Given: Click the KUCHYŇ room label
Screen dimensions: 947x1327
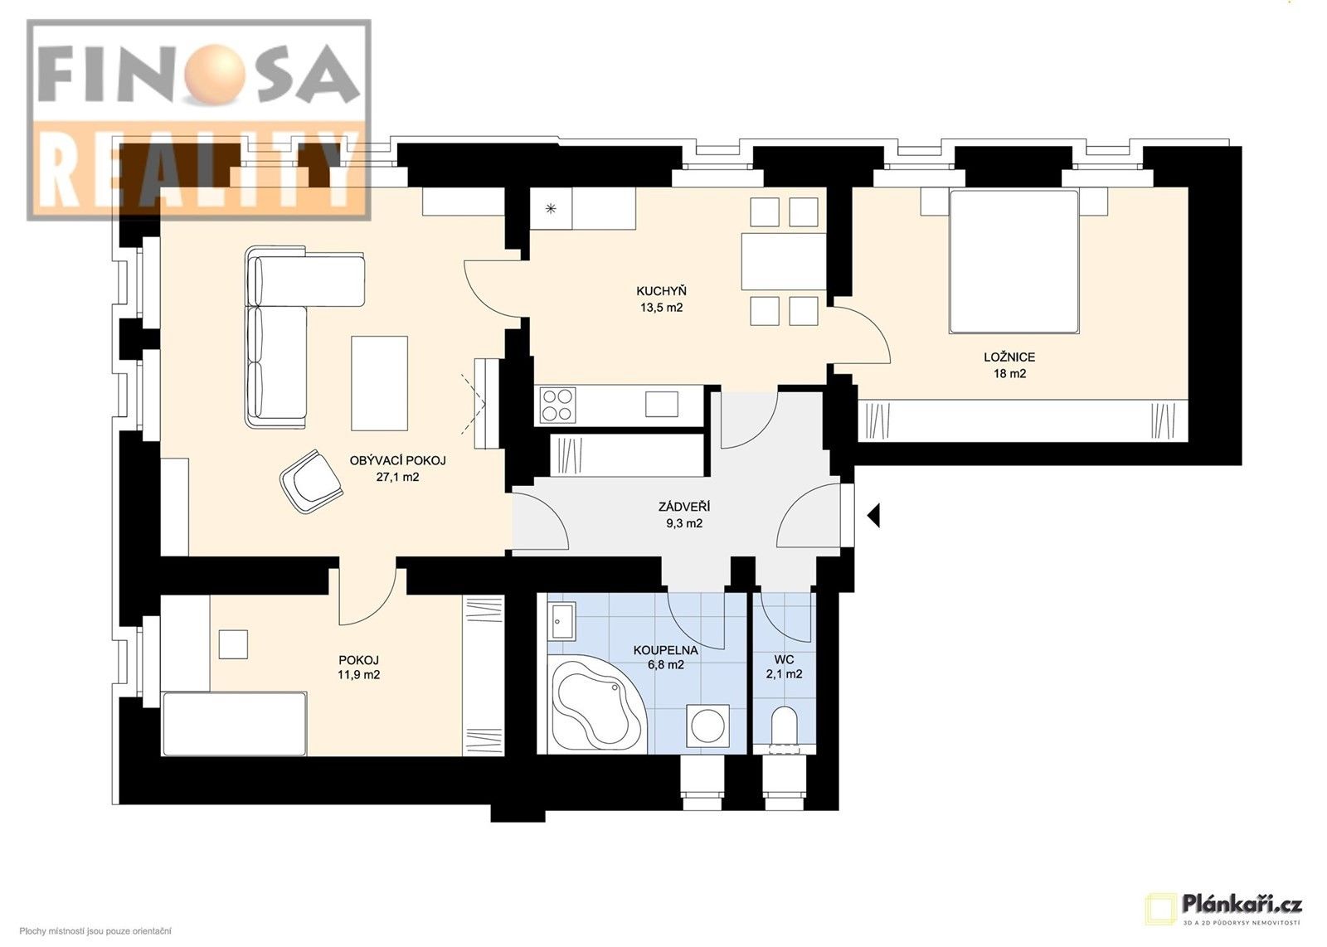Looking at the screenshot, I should coord(661,291).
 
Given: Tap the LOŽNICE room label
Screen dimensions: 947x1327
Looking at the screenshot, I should coord(1009,357).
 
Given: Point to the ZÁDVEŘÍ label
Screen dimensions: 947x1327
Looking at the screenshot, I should coord(683,507).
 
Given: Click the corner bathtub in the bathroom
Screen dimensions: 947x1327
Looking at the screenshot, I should coord(592,707).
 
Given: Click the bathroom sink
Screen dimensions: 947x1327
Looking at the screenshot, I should coord(561,622).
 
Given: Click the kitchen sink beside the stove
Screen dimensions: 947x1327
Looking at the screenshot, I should coord(662,404).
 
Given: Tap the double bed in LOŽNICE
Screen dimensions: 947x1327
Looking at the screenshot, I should coord(1013,261).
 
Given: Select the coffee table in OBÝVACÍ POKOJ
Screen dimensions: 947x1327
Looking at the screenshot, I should coord(379,382).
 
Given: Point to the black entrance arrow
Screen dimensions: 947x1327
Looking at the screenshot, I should coord(873,516).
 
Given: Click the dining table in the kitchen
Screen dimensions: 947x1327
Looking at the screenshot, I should coord(784,261).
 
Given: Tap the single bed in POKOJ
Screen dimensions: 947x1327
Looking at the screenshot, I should coord(235,724).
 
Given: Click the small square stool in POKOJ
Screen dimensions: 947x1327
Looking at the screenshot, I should coord(233,644).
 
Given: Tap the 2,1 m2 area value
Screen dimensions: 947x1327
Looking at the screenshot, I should coord(784,674).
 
